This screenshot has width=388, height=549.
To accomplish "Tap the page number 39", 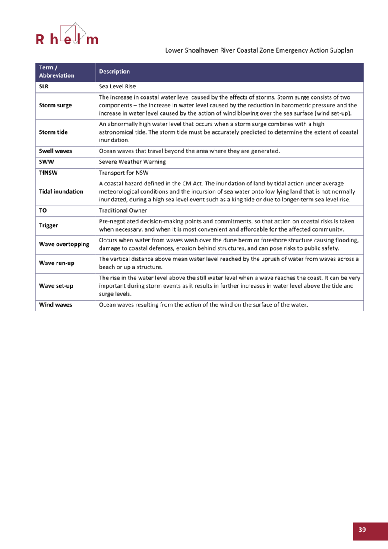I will click(362, 530).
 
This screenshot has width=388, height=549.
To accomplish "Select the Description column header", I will click(114, 72).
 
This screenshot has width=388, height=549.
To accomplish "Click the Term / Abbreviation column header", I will click(57, 72).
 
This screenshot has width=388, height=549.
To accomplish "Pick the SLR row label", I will click(44, 87).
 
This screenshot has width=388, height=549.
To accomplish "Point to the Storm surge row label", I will click(55, 105).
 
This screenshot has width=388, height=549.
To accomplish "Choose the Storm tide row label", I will click(53, 132).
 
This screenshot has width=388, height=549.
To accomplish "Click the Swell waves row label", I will click(55, 151).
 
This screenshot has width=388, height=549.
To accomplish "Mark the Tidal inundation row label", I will click(61, 191).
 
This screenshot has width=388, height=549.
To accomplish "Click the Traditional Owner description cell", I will click(123, 210).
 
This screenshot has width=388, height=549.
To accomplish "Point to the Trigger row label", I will click(48, 225).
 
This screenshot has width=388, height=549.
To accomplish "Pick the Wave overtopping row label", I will click(64, 244).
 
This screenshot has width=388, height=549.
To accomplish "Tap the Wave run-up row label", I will click(57, 263).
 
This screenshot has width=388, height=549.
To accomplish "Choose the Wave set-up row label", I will click(56, 286).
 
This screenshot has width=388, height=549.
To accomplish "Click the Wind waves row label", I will click(55, 305).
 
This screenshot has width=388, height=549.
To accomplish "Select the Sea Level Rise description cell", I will click(117, 87).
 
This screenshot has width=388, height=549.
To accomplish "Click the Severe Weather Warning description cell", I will click(132, 162).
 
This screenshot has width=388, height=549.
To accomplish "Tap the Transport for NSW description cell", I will click(123, 173).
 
